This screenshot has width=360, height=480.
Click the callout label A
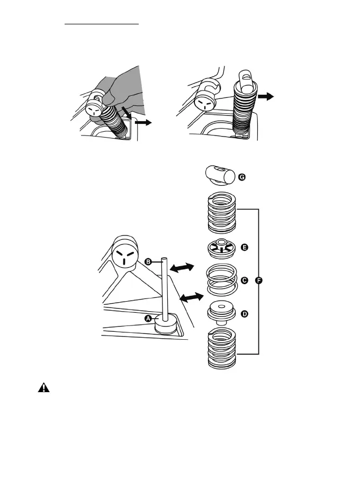click(x=149, y=318)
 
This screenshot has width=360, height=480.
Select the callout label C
click(x=244, y=280)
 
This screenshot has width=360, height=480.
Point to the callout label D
click(x=244, y=314)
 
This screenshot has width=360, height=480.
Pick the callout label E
click(x=244, y=247)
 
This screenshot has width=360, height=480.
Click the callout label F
click(x=259, y=280)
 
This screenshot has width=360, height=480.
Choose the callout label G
click(x=242, y=178)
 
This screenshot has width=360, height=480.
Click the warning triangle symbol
click(x=43, y=388)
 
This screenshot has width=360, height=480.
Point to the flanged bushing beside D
click(x=221, y=313)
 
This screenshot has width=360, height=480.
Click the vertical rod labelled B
click(x=165, y=288)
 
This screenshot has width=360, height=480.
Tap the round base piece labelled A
click(x=166, y=326)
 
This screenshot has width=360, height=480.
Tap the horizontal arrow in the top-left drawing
click(x=143, y=123)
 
